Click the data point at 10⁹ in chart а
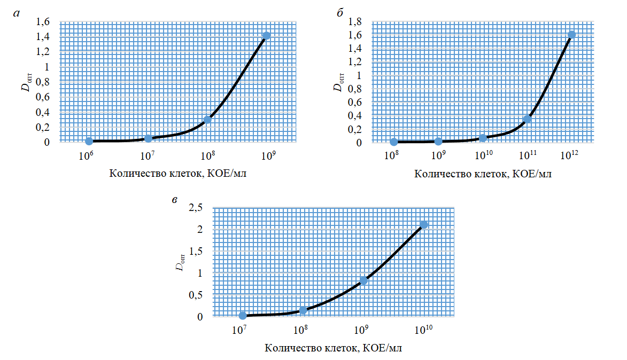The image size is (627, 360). [266, 36]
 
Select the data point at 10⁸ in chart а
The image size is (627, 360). [207, 120]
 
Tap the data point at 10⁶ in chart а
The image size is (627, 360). [89, 141]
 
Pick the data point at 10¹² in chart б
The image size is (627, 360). [571, 35]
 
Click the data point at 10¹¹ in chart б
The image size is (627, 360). [527, 119]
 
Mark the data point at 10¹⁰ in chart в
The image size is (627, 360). [424, 225]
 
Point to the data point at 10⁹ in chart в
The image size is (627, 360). [363, 280]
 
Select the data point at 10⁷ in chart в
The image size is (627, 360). [243, 316]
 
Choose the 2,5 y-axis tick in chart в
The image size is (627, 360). [196, 208]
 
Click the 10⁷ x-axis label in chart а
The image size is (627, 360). [147, 156]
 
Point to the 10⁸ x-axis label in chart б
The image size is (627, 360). [393, 156]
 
